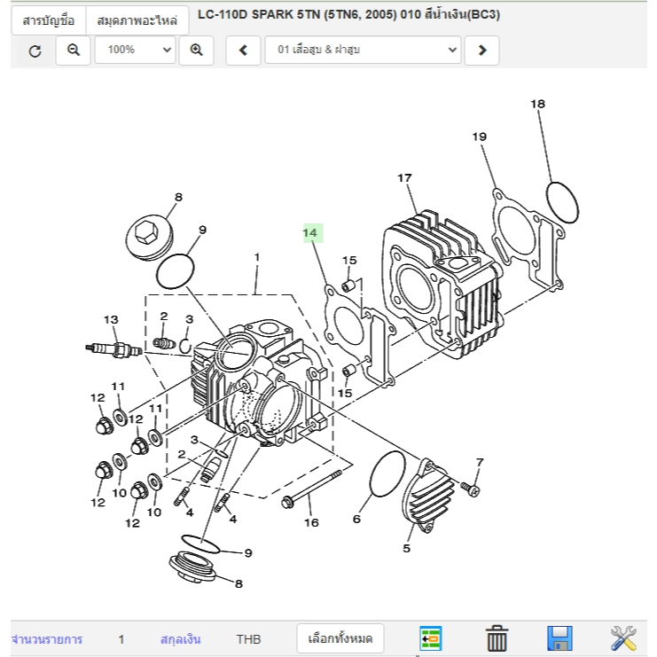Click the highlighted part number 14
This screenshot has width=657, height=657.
310,233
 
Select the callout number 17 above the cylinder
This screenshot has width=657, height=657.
404,178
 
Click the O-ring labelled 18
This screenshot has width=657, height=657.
561,203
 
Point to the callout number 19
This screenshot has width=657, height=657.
479,137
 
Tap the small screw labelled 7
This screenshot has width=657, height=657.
469,487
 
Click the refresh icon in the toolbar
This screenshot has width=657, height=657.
35,51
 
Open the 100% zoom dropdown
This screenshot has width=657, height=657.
135,51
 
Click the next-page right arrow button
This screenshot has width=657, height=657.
481,51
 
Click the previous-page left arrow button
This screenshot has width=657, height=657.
243,51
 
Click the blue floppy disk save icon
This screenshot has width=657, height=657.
559,638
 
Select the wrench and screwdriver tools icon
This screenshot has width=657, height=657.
623,637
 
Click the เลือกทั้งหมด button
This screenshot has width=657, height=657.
340,638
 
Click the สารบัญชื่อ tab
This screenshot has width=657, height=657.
48,20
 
